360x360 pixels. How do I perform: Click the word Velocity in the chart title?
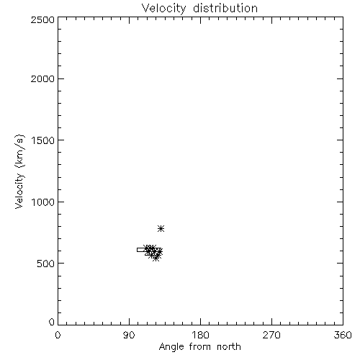(x=163, y=9)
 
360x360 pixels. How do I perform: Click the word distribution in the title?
(x=225, y=9)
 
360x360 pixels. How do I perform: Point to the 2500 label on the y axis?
(x=42, y=19)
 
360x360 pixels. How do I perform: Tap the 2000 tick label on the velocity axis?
(x=42, y=78)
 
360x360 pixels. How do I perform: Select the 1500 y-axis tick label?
(x=43, y=140)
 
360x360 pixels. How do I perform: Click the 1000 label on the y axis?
(x=43, y=202)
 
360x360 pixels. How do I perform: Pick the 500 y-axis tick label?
(x=46, y=264)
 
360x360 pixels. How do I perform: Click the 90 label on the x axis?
(x=129, y=335)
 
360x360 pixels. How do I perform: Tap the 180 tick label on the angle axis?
(x=200, y=335)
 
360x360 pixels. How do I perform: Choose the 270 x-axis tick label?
(x=271, y=335)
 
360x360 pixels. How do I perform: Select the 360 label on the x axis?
(x=343, y=335)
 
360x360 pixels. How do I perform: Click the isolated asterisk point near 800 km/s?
(x=161, y=228)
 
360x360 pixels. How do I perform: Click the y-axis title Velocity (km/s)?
(x=19, y=172)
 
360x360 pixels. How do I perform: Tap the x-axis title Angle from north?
(x=199, y=347)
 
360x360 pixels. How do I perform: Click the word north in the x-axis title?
(x=229, y=347)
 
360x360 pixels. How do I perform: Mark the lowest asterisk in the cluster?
(x=156, y=258)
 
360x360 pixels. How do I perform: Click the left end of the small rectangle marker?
(x=137, y=250)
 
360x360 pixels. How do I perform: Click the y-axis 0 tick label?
(x=52, y=322)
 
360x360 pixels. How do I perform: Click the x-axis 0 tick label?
(x=58, y=335)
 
